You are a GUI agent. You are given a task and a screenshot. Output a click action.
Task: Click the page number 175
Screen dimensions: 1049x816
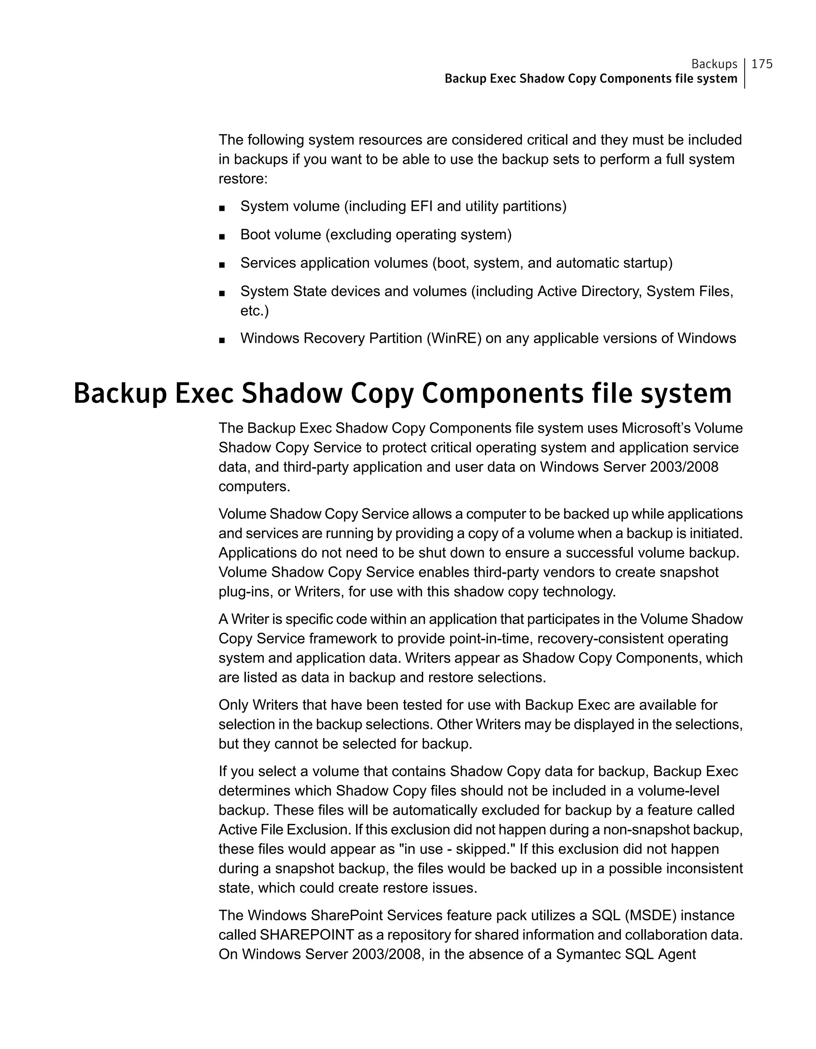762,64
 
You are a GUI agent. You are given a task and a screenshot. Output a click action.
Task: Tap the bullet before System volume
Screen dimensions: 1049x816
222,208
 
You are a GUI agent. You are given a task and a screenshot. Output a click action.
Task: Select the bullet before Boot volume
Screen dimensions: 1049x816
222,237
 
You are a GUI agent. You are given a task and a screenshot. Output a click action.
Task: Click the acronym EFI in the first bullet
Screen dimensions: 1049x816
421,206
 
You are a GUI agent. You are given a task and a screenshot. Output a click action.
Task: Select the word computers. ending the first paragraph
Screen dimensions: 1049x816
254,486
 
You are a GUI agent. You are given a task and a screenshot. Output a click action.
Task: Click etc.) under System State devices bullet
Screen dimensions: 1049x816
254,311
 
